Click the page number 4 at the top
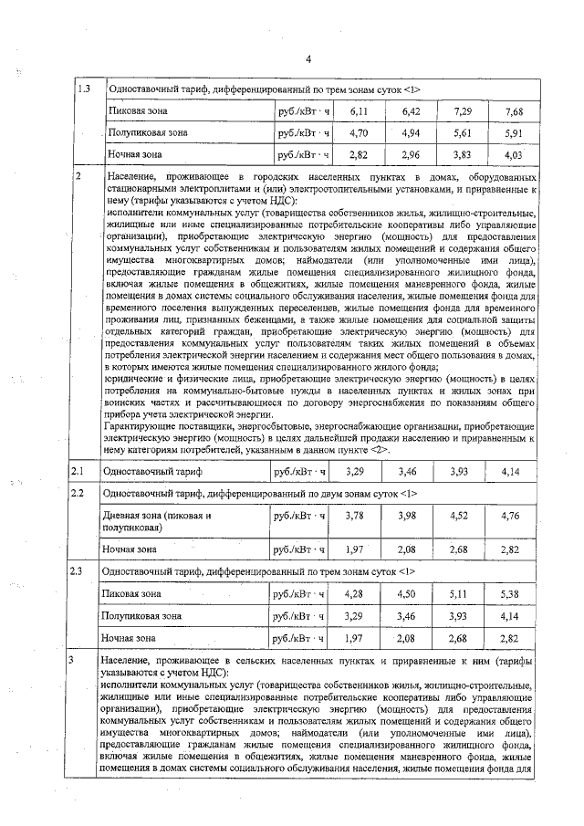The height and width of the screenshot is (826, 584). pos(308,59)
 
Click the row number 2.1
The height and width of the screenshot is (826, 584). pos(79,472)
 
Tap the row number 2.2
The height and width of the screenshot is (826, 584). pos(79,494)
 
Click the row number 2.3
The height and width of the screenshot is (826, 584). pos(79,571)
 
